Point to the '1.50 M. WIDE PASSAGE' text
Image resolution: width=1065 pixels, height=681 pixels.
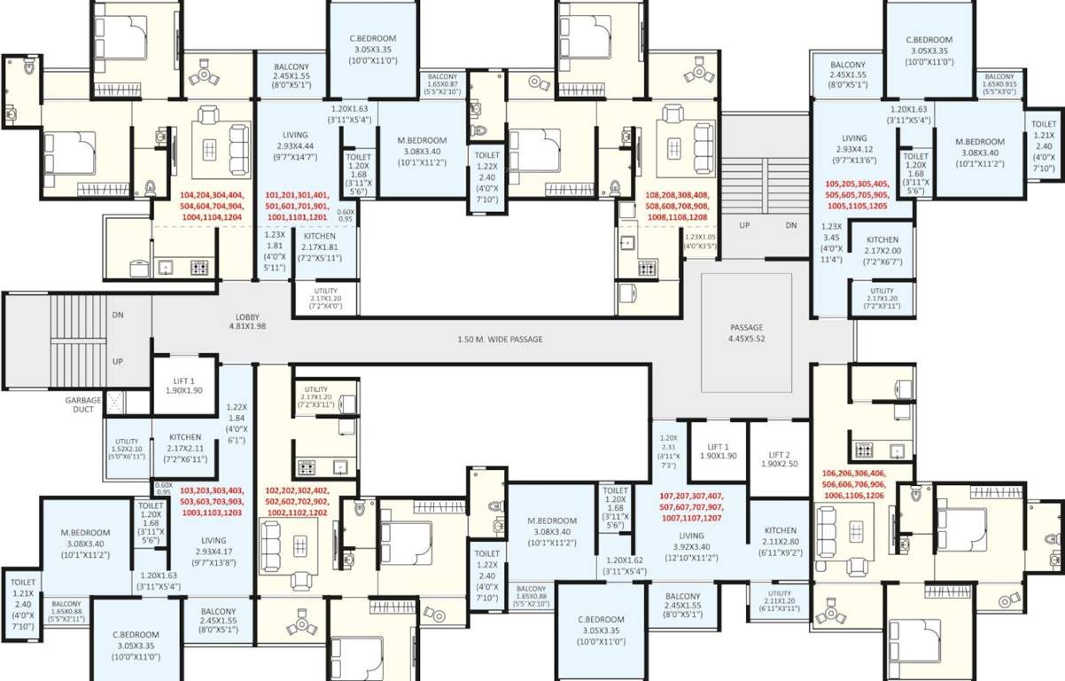(x=500, y=340)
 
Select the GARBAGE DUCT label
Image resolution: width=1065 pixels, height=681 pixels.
(x=82, y=405)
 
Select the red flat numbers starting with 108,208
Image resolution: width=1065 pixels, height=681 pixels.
(x=670, y=206)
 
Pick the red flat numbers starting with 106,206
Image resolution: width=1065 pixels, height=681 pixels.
(x=853, y=484)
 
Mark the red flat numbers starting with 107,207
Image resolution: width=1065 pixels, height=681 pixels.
(x=691, y=506)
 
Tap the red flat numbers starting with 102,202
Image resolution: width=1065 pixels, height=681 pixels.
(x=297, y=501)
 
